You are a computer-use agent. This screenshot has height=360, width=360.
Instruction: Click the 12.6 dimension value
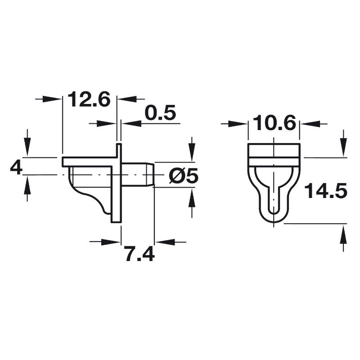pyautogui.click(x=89, y=99)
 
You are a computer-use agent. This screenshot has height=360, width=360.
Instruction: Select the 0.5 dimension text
pyautogui.click(x=161, y=113)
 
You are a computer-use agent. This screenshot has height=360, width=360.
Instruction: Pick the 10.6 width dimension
pyautogui.click(x=274, y=123)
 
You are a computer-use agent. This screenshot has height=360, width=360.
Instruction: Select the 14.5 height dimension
pyautogui.click(x=325, y=190)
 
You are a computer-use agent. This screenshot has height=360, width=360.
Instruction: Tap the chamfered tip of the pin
pyautogui.click(x=150, y=175)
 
